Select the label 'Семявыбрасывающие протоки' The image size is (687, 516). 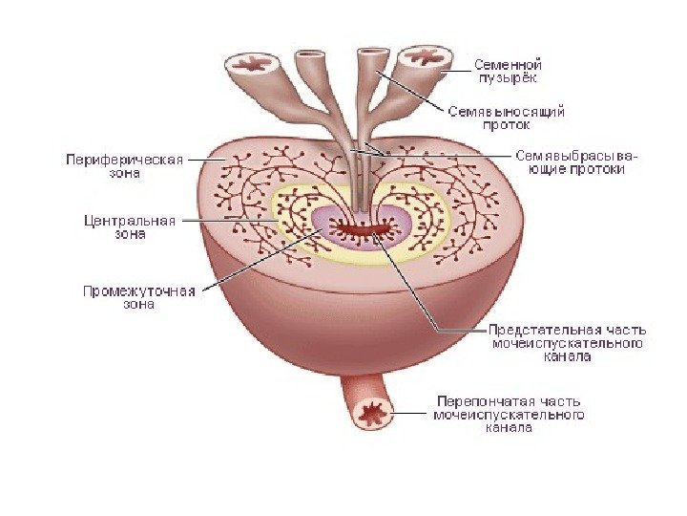(570, 161)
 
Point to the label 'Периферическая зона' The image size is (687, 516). (123, 166)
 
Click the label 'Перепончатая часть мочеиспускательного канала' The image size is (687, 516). (508, 415)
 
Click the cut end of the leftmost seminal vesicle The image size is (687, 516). (254, 65)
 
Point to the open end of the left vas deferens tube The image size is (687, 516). (311, 55)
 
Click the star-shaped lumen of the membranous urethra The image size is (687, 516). (370, 414)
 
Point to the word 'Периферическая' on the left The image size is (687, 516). (123, 160)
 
